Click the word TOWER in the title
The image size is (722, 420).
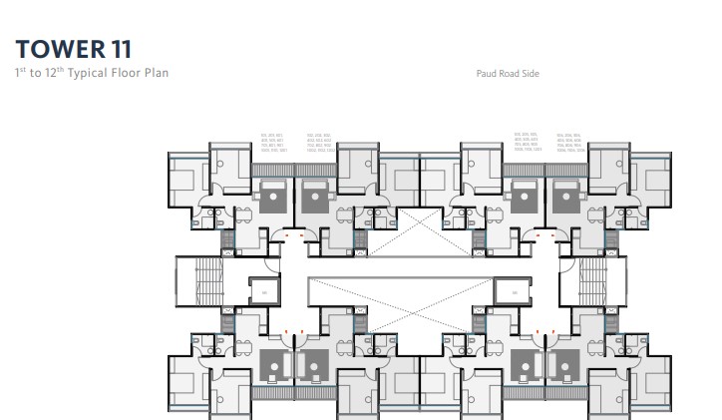pyautogui.click(x=55, y=48)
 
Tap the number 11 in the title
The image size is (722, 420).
pyautogui.click(x=117, y=48)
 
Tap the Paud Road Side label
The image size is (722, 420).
pyautogui.click(x=509, y=74)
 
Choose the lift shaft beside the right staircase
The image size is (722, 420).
pyautogui.click(x=509, y=291)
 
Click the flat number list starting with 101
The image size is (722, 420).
pyautogui.click(x=272, y=142)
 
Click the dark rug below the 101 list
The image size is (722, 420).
pyautogui.click(x=272, y=195)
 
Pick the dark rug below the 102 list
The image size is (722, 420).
pyautogui.click(x=315, y=195)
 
